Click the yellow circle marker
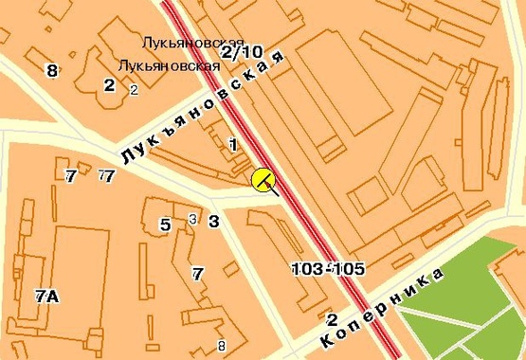tap(263, 179)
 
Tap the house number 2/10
tap(242, 52)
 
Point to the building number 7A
tap(46, 297)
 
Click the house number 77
tap(107, 176)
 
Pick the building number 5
tap(165, 225)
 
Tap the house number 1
tap(232, 145)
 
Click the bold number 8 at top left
tap(51, 69)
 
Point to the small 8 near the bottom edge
tap(222, 345)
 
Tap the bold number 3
tap(213, 222)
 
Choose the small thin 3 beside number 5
tap(192, 219)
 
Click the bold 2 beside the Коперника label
tap(332, 318)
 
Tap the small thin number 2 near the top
tap(134, 90)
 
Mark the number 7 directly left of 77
tap(70, 175)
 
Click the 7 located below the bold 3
tap(197, 275)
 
